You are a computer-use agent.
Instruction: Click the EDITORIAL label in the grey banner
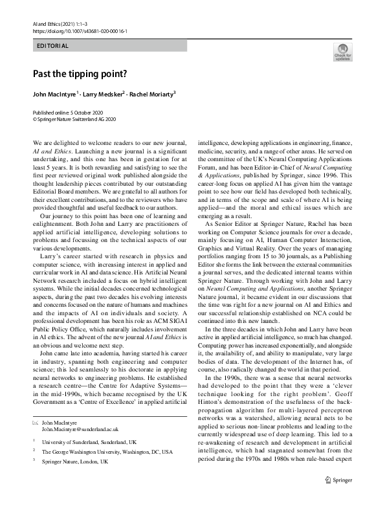point(53,46)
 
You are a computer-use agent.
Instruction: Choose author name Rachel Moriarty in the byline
point(153,95)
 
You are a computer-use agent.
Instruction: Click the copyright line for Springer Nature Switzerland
point(74,119)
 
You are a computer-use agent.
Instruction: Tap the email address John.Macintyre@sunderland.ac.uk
point(80,429)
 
